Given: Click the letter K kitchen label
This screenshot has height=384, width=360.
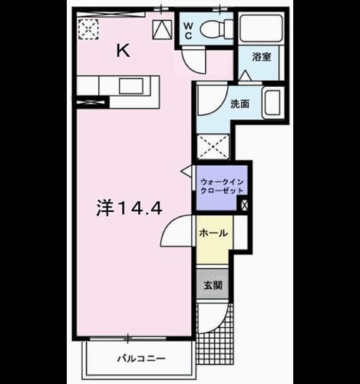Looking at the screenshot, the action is coord(124,51).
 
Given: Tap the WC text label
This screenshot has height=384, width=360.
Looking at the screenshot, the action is coord(188,31).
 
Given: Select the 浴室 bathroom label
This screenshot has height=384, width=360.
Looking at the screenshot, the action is coord(262,57).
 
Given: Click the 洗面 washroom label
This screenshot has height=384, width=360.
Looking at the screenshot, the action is coord(239,104).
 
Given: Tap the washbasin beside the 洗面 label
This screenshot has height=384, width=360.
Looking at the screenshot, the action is coord(273,102).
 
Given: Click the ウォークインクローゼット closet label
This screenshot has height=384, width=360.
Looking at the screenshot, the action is coord(222,187).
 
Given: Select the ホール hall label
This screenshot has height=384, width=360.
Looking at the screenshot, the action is coord(213,233).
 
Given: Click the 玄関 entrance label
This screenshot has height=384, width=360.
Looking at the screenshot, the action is coord(213,285).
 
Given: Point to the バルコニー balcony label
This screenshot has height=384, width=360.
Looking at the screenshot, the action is coord(141,359).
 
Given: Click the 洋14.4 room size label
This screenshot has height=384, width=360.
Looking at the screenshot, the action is coord(129,208).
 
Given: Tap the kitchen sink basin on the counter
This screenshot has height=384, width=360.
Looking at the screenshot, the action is coord(131,86).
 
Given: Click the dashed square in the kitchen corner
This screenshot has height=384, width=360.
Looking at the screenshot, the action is coord(88,29).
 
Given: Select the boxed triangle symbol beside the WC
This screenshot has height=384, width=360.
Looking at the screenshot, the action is coord(163,29).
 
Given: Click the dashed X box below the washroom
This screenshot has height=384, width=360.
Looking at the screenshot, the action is coord(213,147).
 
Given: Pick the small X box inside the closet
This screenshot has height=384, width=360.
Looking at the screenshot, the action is coord(244,205).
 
